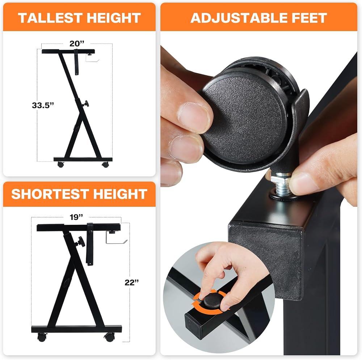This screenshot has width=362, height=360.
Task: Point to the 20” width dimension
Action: pyautogui.click(x=77, y=43)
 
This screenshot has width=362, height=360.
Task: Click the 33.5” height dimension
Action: pyautogui.click(x=43, y=105)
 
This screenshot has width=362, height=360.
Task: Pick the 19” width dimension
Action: pyautogui.click(x=76, y=217)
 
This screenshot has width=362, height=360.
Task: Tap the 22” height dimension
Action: pyautogui.click(x=132, y=282)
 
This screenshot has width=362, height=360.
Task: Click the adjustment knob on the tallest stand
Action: pyautogui.click(x=87, y=104)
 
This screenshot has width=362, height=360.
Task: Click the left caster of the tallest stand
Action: pyautogui.click(x=60, y=165)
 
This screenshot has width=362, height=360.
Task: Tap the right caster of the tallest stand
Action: pyautogui.click(x=105, y=165)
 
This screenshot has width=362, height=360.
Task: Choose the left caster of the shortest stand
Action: pyautogui.click(x=42, y=337)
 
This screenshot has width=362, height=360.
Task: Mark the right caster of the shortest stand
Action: pyautogui.click(x=109, y=337)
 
